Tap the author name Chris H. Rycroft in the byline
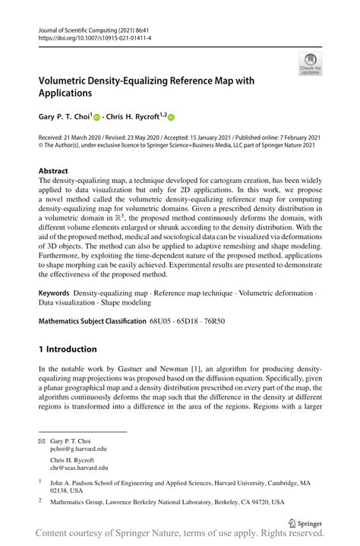[x=133, y=118]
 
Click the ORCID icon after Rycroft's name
[x=171, y=118]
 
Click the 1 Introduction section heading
[x=68, y=349]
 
